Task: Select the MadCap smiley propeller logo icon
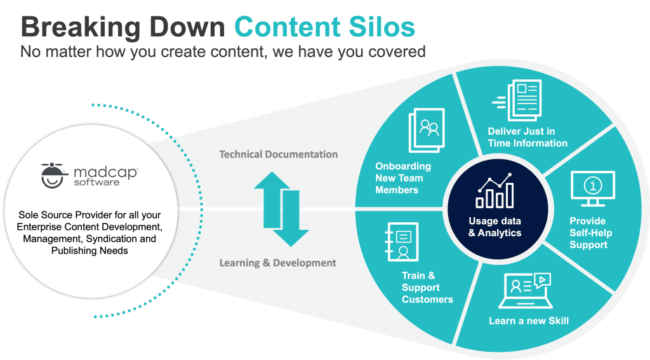tap(53, 173)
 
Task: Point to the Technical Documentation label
tap(279, 154)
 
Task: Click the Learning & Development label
tap(278, 263)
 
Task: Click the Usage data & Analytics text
tap(494, 227)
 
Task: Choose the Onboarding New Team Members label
tap(403, 178)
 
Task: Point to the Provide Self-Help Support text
tap(588, 233)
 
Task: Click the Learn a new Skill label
tap(528, 321)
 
